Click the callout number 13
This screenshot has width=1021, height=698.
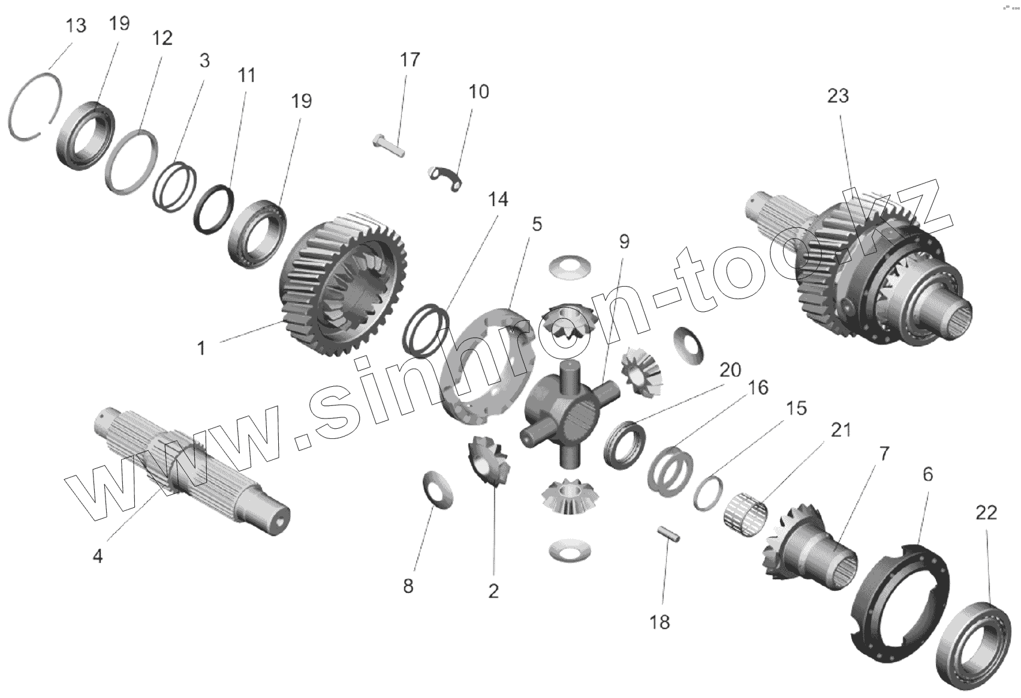coord(76,26)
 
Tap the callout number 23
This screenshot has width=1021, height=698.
coord(838,95)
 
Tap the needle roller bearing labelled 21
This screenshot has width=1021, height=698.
coord(746,515)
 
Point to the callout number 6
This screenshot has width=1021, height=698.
coord(927,474)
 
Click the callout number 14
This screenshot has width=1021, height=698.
coord(498,200)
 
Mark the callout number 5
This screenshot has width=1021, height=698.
coord(537,224)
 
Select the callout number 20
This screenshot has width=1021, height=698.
coord(730,370)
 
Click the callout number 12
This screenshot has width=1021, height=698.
coord(161,38)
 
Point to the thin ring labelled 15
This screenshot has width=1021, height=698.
coord(708,494)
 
